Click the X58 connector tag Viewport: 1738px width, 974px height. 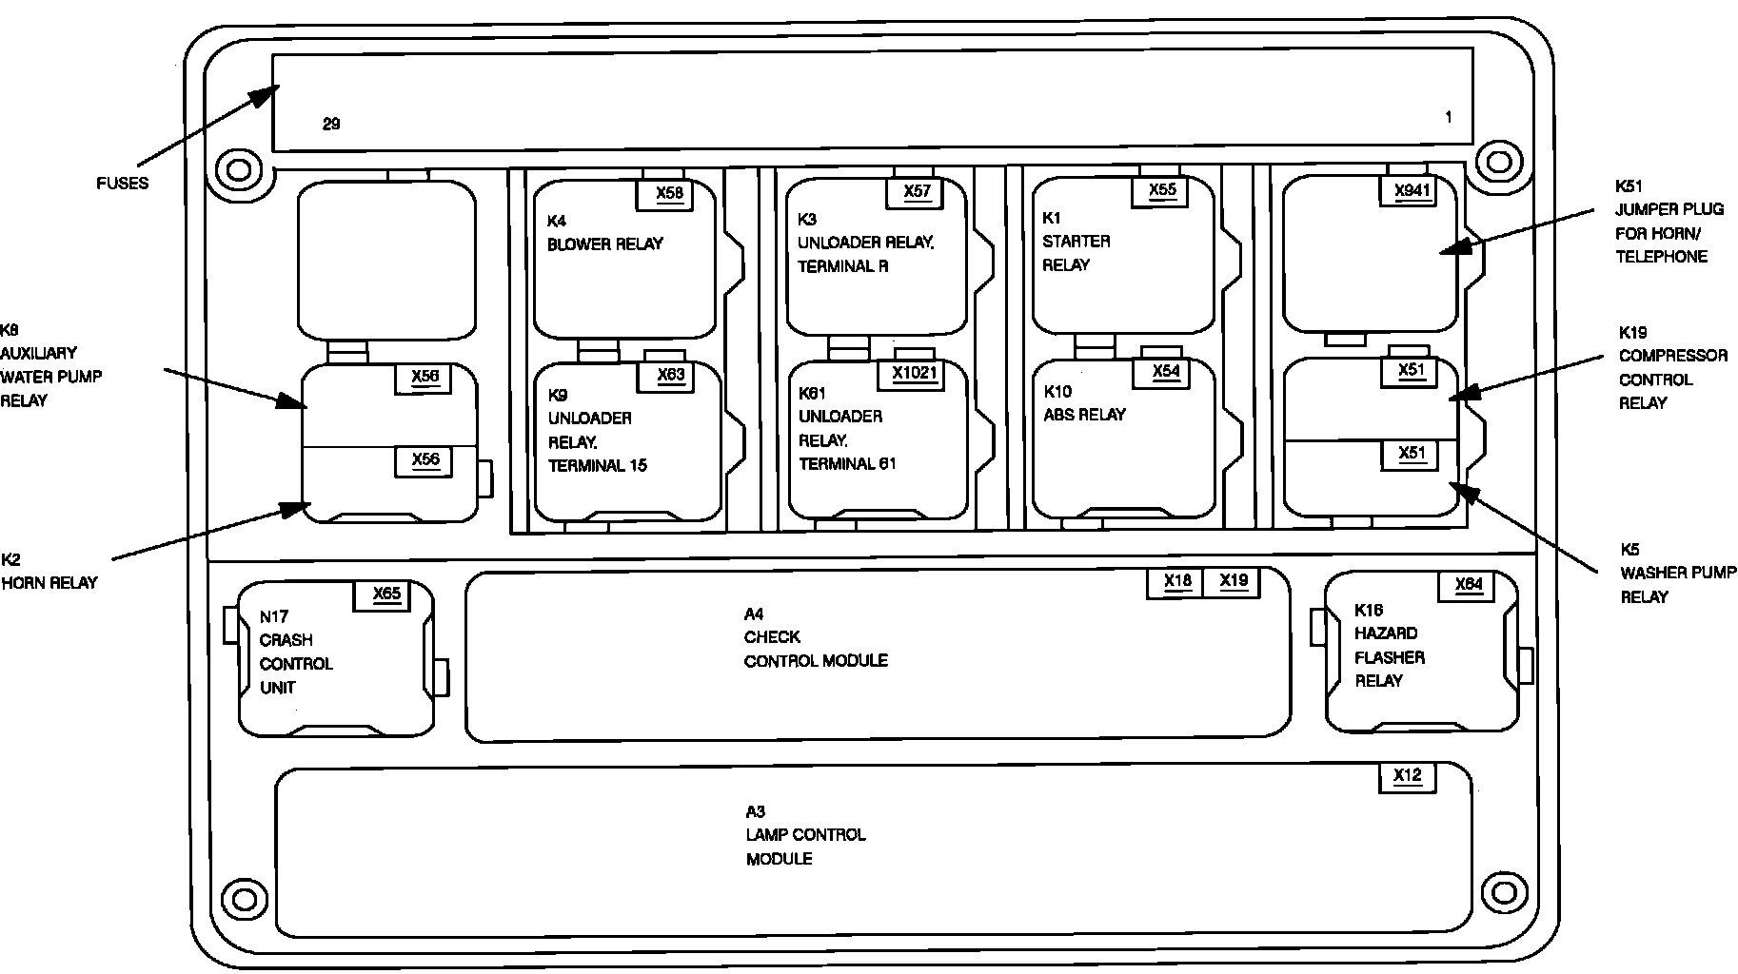(669, 193)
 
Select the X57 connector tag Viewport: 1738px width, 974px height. (917, 191)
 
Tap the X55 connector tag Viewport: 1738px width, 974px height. (1162, 189)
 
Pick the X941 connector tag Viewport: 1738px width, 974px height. (1412, 190)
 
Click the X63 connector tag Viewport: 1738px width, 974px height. (671, 375)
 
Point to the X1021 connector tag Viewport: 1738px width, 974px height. (915, 373)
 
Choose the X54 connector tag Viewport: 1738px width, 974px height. (1166, 371)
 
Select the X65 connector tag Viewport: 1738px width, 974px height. (386, 594)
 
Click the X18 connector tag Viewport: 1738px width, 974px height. (1177, 581)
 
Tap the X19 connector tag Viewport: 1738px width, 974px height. (1234, 581)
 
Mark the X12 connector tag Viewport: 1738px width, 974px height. (1407, 775)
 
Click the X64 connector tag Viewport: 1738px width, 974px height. (1469, 584)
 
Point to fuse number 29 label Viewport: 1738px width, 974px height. (331, 124)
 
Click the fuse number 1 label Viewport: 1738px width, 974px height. (1449, 118)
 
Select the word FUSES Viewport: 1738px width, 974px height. (123, 184)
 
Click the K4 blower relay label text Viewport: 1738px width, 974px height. (604, 233)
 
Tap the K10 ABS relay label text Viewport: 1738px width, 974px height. (1084, 403)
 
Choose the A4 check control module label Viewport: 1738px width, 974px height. (815, 637)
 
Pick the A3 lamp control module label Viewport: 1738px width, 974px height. (805, 835)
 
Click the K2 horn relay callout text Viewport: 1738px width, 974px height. (49, 571)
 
